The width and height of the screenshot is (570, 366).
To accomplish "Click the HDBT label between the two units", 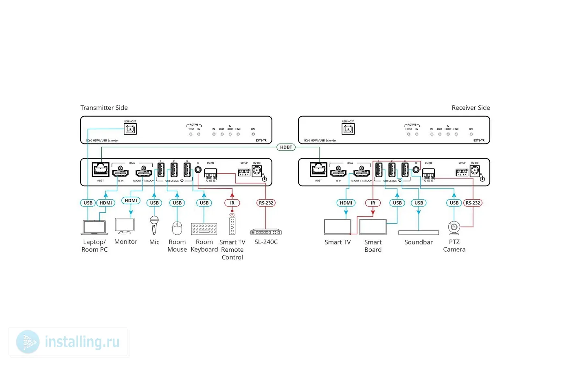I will [x=286, y=147].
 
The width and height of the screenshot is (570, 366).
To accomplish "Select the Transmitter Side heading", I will [x=104, y=108].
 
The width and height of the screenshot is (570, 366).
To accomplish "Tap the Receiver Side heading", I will [x=471, y=108].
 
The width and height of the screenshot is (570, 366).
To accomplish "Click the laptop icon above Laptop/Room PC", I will [x=94, y=227].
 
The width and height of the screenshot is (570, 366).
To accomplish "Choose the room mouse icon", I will [x=177, y=228].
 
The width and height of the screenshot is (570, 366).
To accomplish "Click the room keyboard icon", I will [x=204, y=229].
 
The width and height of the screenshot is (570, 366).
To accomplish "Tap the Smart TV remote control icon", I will [x=232, y=225].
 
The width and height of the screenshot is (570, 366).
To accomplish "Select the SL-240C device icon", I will [x=266, y=232].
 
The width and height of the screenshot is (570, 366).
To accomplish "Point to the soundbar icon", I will [x=419, y=233].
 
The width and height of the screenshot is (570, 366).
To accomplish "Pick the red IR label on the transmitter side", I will [x=232, y=203].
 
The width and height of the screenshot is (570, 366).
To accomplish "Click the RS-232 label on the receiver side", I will [x=473, y=203].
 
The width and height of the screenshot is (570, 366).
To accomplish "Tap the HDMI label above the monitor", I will [x=131, y=200].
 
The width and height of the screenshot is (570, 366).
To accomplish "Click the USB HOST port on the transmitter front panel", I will [x=130, y=129].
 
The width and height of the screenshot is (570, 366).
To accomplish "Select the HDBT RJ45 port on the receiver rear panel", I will [x=318, y=170].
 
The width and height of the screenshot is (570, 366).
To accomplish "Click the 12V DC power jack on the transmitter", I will [x=256, y=171].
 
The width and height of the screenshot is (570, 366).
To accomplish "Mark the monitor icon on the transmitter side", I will [x=125, y=226].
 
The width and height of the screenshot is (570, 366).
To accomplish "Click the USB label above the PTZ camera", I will [x=454, y=203].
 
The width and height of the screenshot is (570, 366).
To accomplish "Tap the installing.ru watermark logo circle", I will [x=28, y=342].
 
